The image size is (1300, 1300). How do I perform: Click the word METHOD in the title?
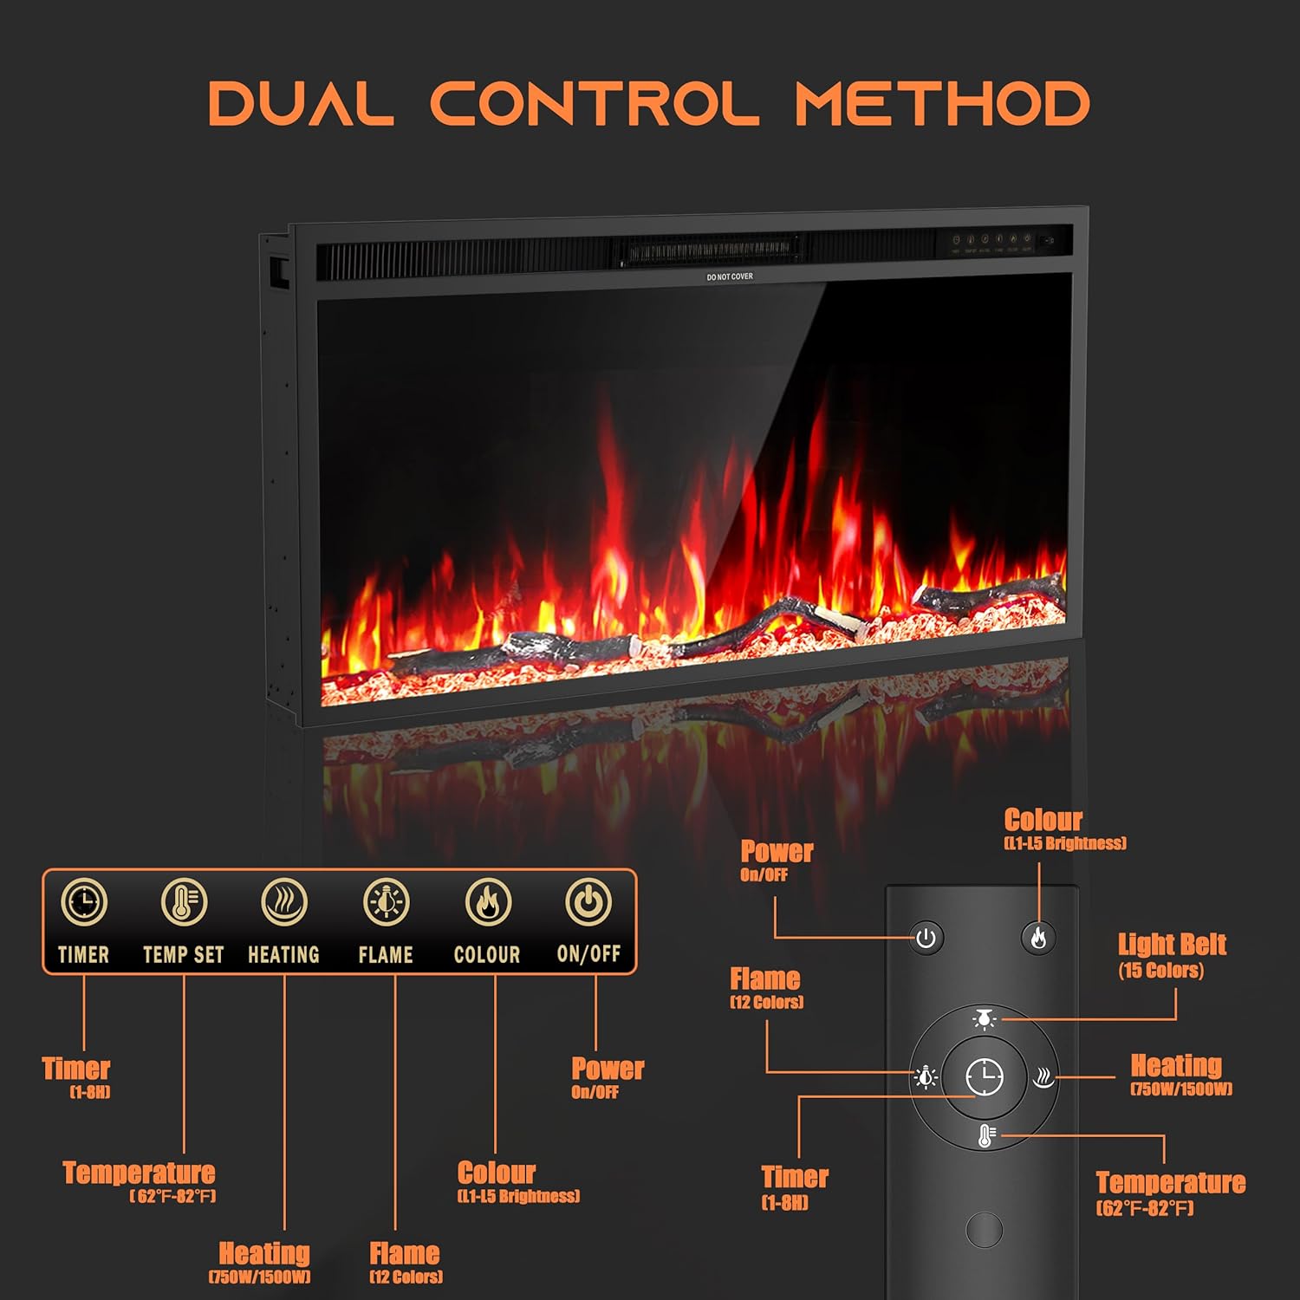click(942, 103)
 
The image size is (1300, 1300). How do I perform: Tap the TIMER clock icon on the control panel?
click(84, 902)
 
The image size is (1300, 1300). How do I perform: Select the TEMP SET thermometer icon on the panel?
click(184, 902)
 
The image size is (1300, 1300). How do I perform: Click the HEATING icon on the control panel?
click(284, 902)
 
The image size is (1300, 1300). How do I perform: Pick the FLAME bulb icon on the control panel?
click(386, 902)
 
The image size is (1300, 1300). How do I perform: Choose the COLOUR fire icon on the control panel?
click(488, 902)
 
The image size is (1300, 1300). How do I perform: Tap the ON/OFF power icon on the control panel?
click(588, 902)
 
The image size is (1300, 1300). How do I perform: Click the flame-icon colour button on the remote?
click(1038, 938)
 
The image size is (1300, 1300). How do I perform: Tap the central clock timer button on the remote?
click(985, 1077)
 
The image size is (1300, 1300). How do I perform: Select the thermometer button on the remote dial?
click(985, 1136)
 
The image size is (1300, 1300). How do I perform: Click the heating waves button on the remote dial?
click(1043, 1077)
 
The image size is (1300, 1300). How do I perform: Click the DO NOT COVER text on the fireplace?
click(730, 276)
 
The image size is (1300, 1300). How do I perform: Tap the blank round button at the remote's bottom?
click(985, 1229)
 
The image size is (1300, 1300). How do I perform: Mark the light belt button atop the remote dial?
click(985, 1019)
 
